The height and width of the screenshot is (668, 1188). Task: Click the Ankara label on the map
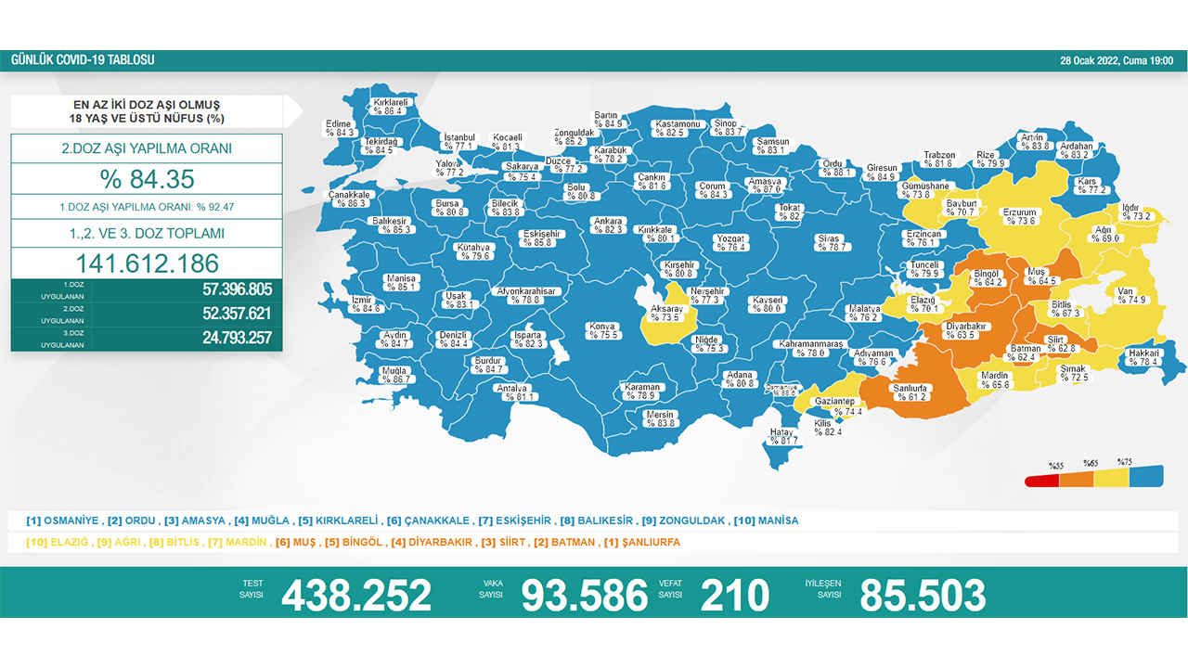click(x=608, y=225)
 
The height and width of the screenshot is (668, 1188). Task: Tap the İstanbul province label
click(x=459, y=141)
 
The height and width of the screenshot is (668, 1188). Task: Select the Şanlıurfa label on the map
click(x=912, y=392)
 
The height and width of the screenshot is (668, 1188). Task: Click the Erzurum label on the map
click(x=1019, y=216)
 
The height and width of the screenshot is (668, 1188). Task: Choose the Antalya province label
click(x=512, y=392)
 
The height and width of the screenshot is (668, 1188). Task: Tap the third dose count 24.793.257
click(x=238, y=338)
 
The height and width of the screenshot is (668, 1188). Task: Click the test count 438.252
click(x=356, y=595)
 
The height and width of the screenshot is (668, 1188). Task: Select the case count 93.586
click(x=585, y=595)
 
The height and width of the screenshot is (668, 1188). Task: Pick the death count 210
click(x=735, y=595)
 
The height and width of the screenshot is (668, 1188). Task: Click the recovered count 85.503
click(x=923, y=595)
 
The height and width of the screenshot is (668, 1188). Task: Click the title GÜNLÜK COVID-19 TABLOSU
click(x=83, y=60)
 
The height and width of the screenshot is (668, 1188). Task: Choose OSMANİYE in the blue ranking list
click(x=72, y=520)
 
